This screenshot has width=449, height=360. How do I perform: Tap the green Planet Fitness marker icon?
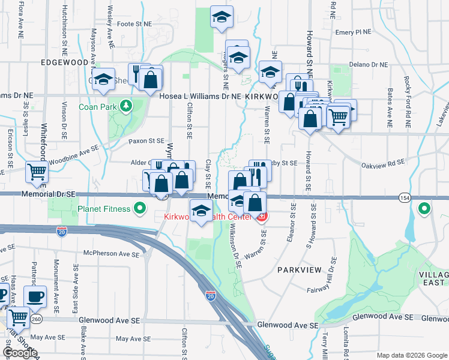tap(140, 209)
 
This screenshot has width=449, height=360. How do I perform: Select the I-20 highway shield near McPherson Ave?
tap(61, 230)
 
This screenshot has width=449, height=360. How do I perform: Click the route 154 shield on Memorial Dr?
tap(403, 197)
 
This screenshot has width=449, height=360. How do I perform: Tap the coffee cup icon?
tap(35, 296)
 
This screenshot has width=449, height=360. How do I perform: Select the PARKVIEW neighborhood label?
tap(300, 271)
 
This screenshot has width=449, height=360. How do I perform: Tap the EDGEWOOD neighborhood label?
tap(64, 62)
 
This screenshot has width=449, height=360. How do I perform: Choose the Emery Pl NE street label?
tap(354, 32)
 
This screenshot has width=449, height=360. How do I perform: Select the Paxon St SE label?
tap(146, 142)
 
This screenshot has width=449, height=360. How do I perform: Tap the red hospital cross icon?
tap(262, 217)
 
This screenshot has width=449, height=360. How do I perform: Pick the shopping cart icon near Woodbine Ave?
tap(37, 172)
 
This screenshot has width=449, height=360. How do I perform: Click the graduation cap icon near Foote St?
tap(221, 17)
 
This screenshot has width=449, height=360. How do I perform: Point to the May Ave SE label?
tap(128, 339)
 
